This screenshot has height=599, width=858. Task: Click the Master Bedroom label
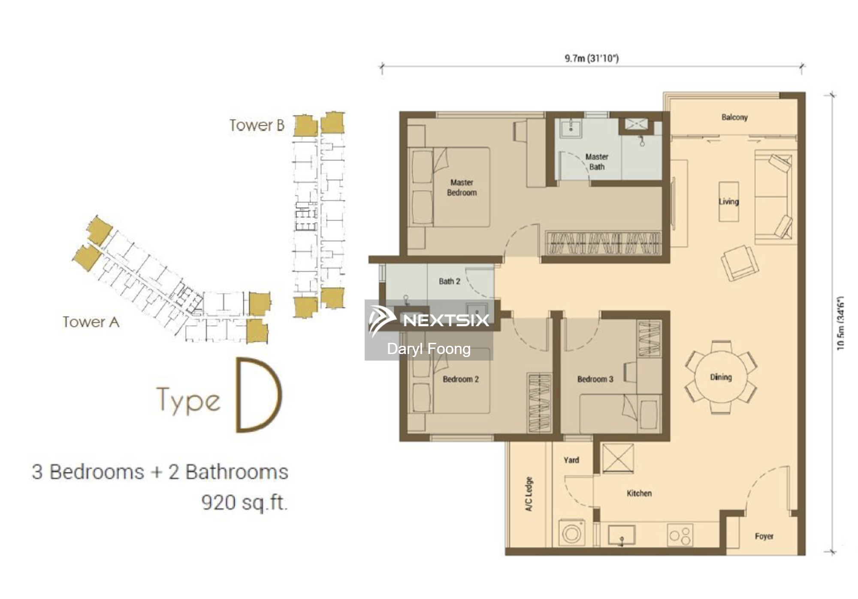click(462, 188)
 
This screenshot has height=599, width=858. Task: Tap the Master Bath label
click(597, 162)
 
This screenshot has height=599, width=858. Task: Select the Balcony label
click(734, 117)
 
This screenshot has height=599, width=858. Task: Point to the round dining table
click(721, 378)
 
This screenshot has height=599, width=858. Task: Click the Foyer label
click(764, 536)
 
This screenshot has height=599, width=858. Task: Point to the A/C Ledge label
click(529, 494)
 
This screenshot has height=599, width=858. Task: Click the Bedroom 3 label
click(595, 379)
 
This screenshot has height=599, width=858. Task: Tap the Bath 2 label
click(449, 281)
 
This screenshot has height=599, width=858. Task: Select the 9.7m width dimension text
click(592, 58)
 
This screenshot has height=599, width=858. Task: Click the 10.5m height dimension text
click(840, 323)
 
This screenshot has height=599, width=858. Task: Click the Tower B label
click(257, 125)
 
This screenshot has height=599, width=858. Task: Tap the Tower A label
click(91, 322)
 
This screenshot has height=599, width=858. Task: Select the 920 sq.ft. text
click(245, 502)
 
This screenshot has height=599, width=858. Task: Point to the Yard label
click(571, 460)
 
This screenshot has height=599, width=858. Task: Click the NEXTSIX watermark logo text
click(446, 320)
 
